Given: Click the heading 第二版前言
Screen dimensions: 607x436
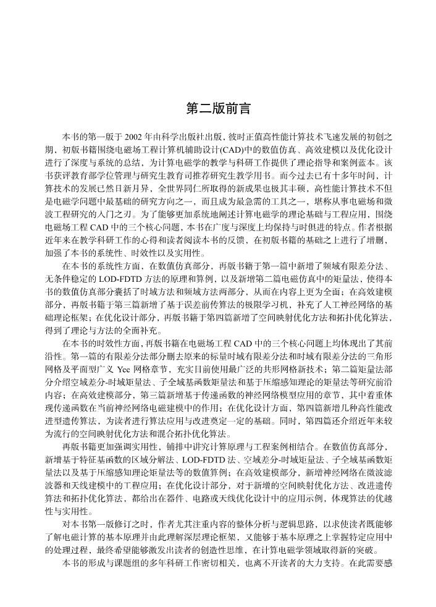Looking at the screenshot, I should [218, 109].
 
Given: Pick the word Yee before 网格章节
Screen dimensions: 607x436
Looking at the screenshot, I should [125, 365].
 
